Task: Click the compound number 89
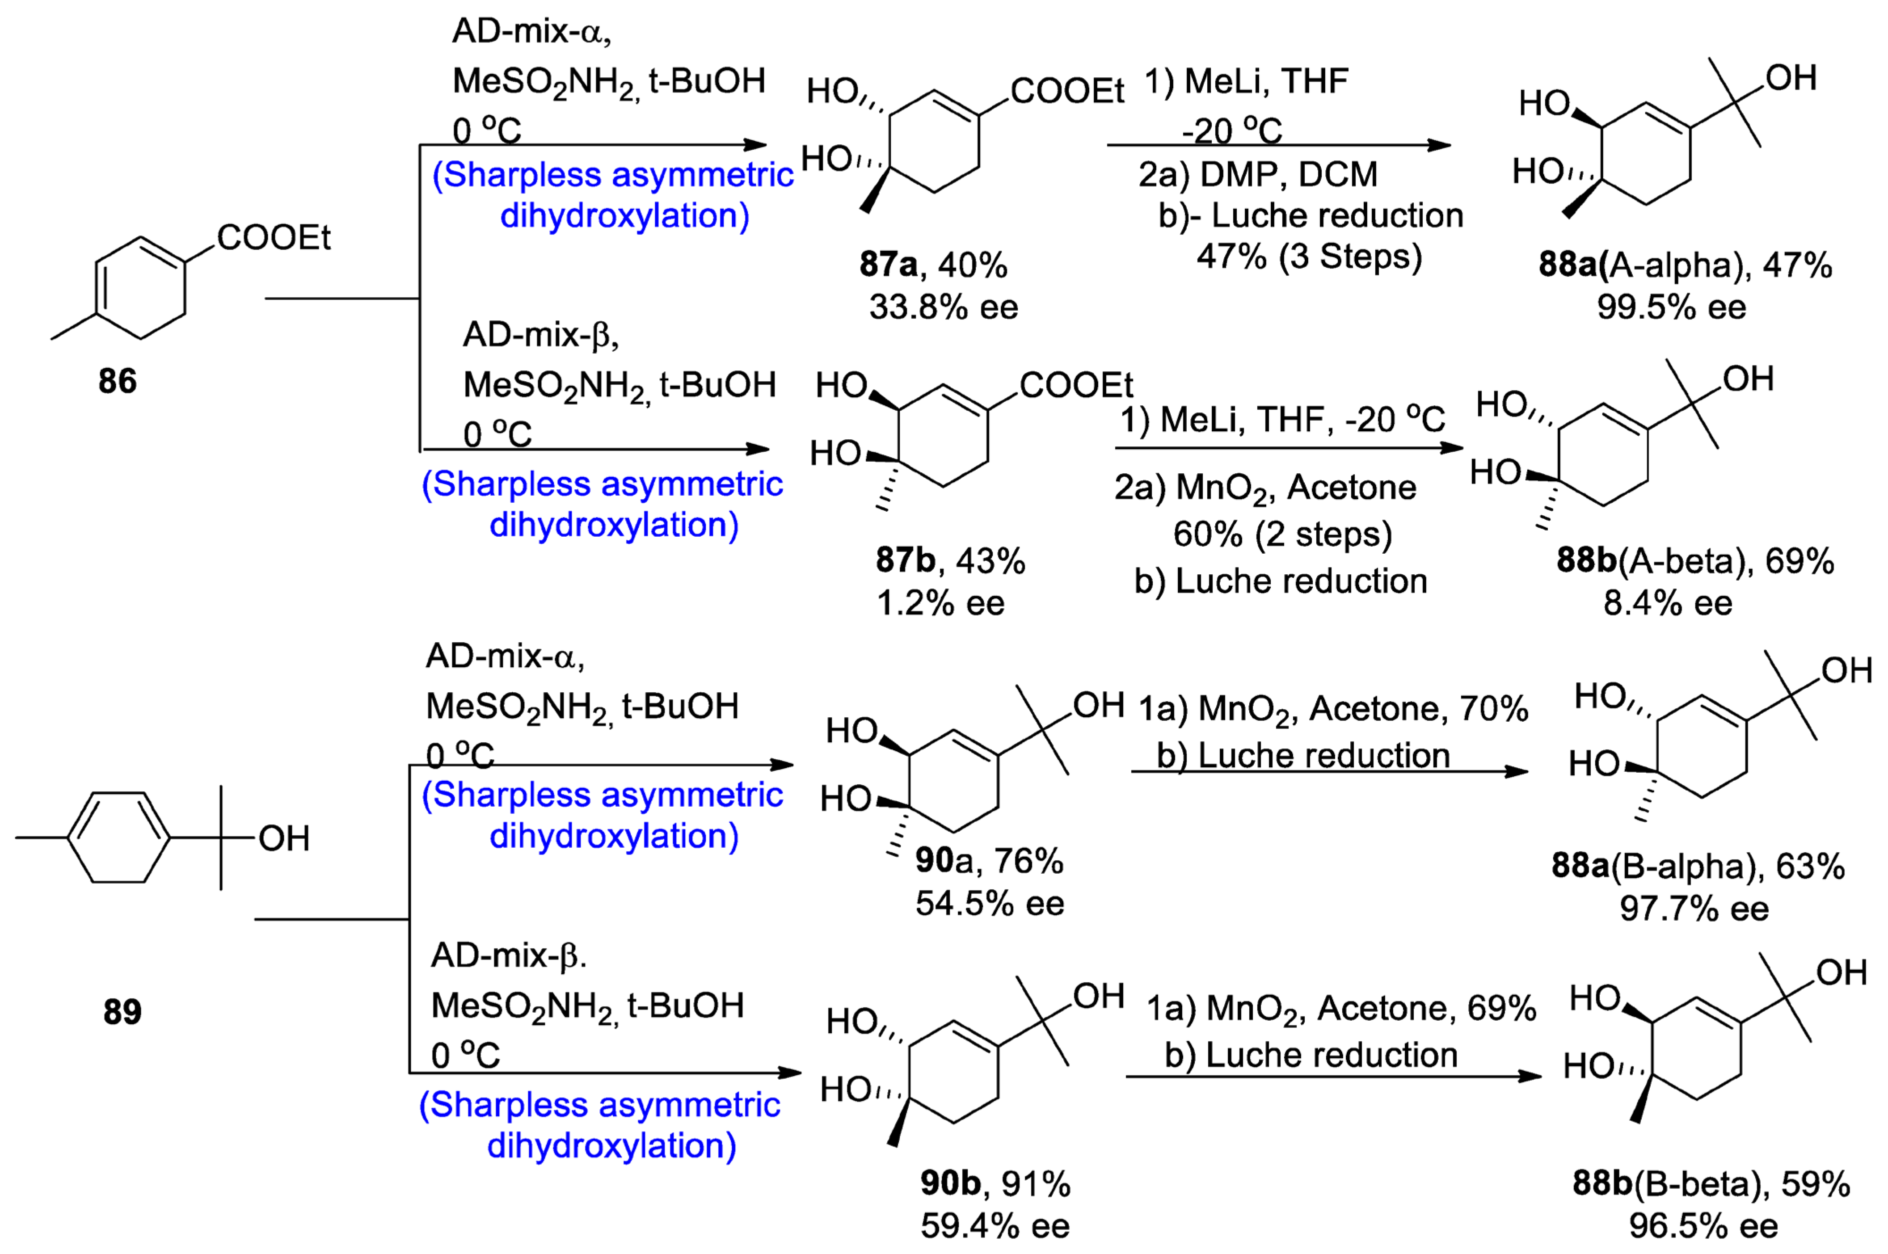122,1012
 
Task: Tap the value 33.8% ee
944,307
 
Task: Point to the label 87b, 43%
950,560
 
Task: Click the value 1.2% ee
940,603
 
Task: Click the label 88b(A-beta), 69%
1694,560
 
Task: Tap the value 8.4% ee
1668,603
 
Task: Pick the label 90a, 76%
989,861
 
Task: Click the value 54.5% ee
990,904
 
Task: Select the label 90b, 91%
995,1184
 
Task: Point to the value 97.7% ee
1694,909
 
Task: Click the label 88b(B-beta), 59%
1711,1184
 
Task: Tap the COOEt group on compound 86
274,237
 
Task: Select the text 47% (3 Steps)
1309,257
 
